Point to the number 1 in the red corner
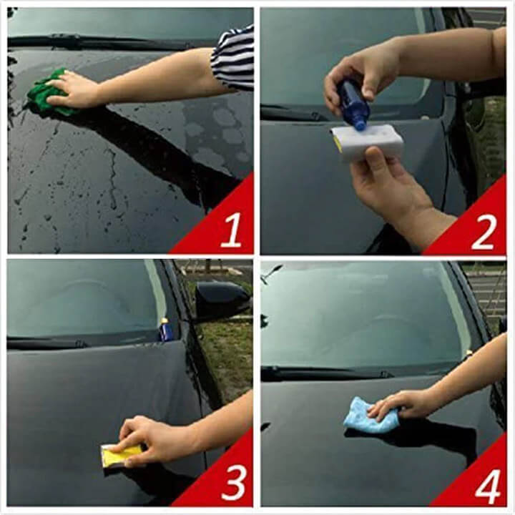(231, 230)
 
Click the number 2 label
(483, 232)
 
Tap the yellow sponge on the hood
(122, 454)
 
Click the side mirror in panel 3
(221, 300)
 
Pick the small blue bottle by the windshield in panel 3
(164, 329)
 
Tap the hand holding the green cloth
(73, 89)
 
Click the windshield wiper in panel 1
(109, 41)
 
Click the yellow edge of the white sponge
(338, 144)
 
